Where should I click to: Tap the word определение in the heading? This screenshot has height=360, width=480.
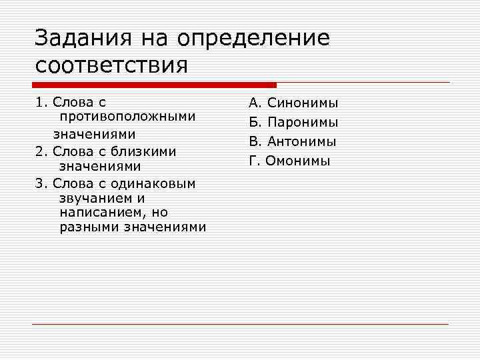253,39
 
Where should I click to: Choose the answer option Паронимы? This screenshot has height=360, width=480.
303,123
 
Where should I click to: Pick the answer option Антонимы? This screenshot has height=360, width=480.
302,142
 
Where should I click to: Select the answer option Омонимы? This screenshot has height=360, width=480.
297,161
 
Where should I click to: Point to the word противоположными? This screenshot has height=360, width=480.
127,118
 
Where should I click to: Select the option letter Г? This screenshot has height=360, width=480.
253,161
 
